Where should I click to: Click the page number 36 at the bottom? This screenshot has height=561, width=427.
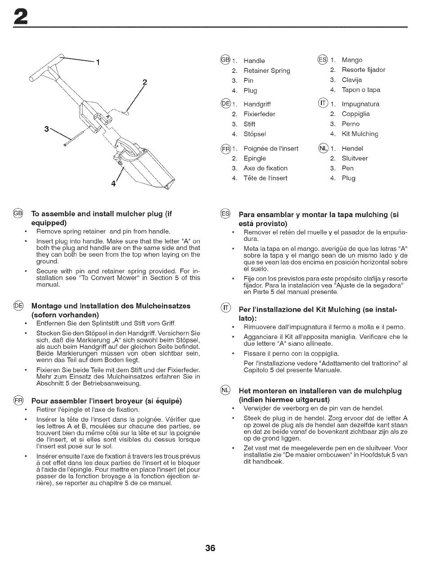(210, 548)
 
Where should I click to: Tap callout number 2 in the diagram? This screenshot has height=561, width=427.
(145, 82)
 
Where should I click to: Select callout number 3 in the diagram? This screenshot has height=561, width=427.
(46, 129)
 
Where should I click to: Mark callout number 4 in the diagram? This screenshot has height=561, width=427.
(114, 184)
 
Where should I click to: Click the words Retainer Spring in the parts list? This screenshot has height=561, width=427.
(267, 71)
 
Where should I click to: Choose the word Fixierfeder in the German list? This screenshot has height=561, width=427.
(259, 114)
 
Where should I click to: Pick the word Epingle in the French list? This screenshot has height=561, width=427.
(254, 158)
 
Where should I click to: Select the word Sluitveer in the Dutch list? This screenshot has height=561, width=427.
(355, 158)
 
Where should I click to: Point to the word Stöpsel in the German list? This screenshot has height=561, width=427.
(255, 134)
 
